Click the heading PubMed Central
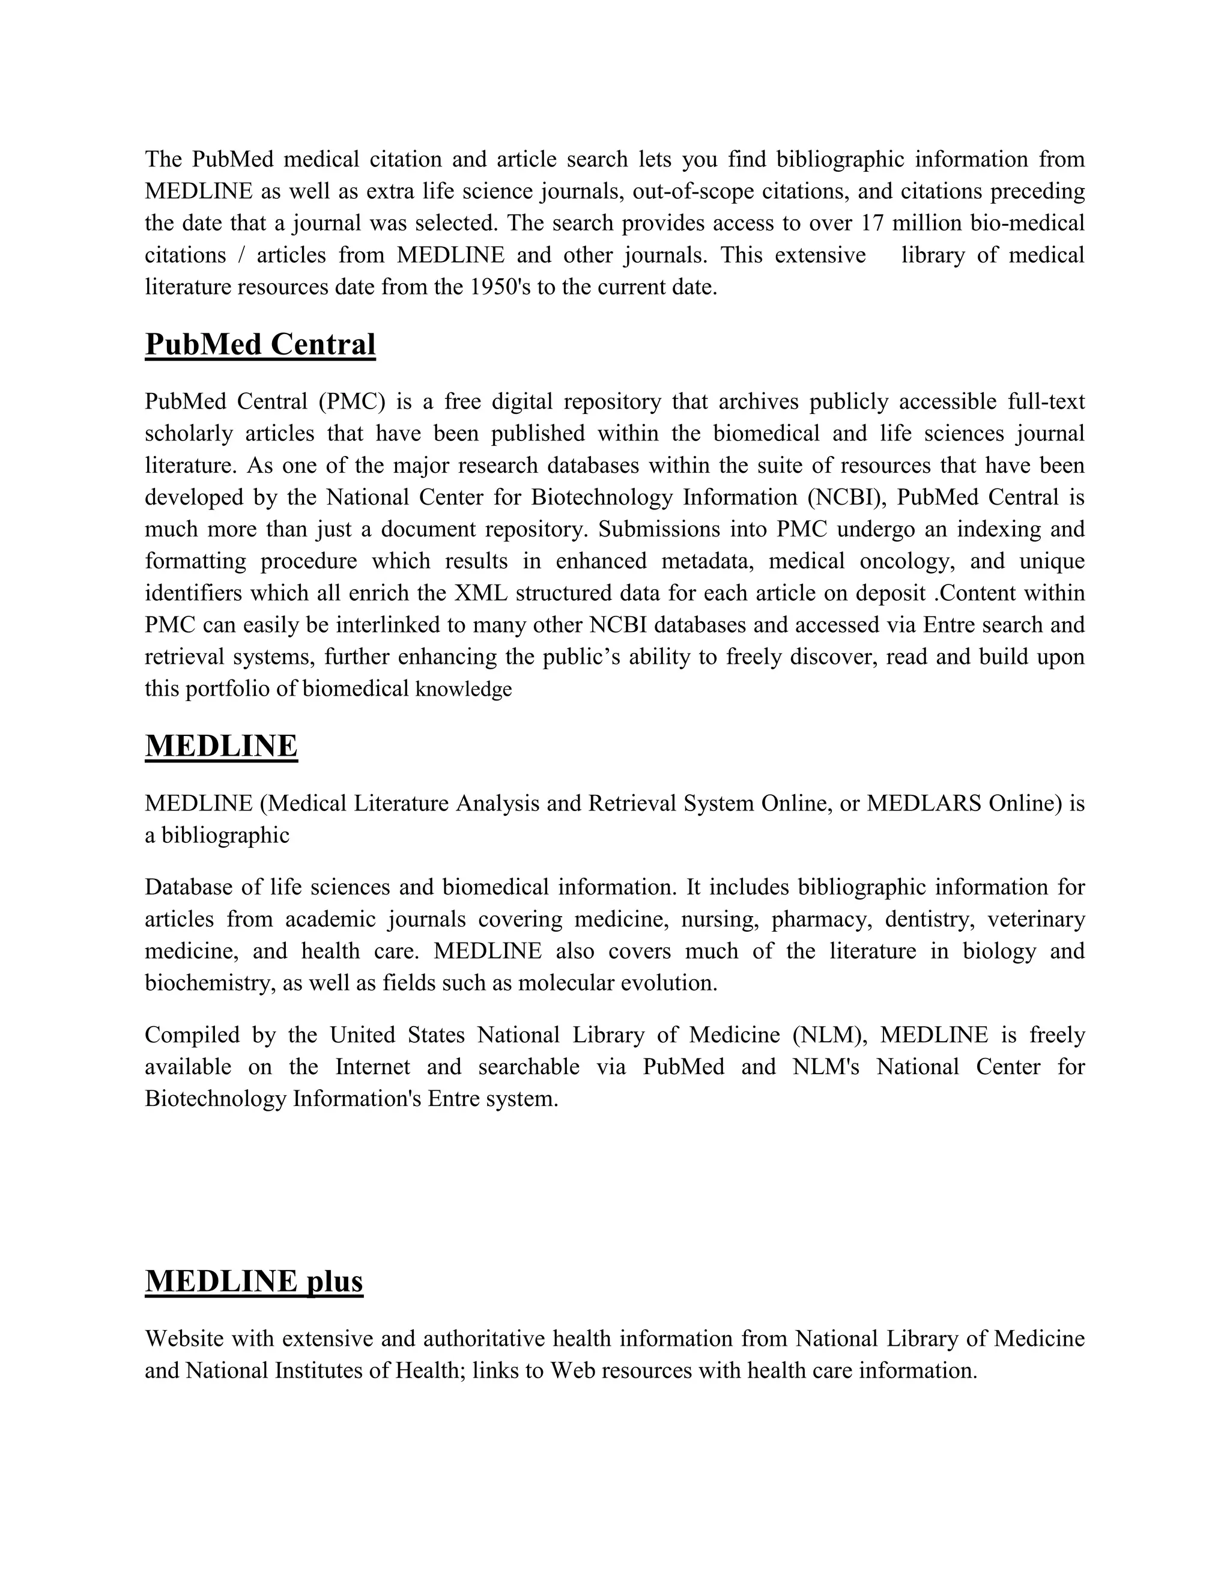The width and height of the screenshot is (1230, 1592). (260, 344)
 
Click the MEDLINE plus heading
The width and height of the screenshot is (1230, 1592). (253, 1281)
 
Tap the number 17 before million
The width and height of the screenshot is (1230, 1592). (872, 223)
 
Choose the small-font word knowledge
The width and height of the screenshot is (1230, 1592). (464, 690)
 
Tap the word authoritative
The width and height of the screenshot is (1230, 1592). (484, 1338)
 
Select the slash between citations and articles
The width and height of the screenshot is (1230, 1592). (241, 255)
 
